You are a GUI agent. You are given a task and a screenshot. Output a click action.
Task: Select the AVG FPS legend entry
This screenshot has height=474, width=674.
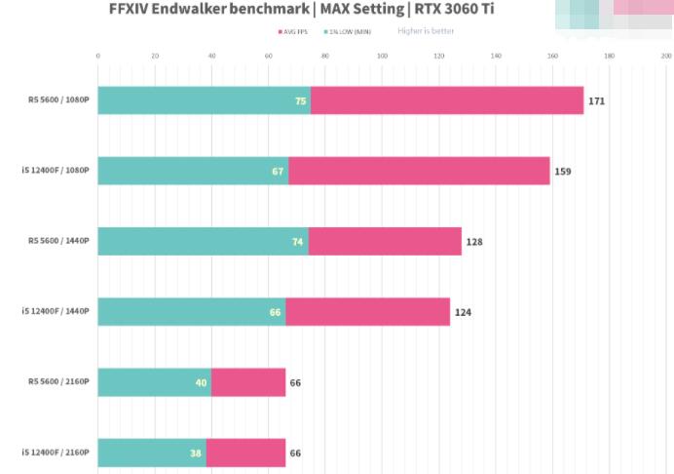[x=293, y=32]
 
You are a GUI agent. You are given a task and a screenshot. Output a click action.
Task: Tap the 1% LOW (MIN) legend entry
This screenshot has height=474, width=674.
[x=347, y=32]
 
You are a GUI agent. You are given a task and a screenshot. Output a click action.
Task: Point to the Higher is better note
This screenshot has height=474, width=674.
[x=426, y=31]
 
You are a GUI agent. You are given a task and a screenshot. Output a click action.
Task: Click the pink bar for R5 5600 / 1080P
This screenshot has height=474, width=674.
[x=446, y=100]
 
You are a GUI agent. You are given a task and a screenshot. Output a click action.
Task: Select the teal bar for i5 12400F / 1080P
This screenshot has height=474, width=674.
[x=193, y=171]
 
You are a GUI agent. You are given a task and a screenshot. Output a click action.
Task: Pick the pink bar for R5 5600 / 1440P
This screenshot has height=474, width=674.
[x=385, y=241]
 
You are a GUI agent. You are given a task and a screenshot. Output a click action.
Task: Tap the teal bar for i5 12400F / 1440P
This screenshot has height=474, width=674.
[x=191, y=312]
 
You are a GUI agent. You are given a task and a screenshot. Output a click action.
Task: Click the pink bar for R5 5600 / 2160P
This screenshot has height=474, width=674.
[x=248, y=382]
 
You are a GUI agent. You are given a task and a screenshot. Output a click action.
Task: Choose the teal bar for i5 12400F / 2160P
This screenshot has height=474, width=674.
[x=152, y=453]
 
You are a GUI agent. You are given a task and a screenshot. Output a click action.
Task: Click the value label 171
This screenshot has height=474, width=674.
[x=596, y=100]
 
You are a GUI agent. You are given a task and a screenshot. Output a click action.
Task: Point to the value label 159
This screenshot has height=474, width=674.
[x=562, y=172]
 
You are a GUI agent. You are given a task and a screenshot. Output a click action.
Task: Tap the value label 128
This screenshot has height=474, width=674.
[x=474, y=242]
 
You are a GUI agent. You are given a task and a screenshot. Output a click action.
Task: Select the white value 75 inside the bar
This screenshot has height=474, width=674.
[x=301, y=100]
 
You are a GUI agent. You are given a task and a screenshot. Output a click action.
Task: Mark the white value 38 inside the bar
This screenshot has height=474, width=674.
[x=196, y=453]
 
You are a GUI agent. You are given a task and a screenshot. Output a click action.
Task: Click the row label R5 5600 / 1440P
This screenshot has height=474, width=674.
[x=58, y=241]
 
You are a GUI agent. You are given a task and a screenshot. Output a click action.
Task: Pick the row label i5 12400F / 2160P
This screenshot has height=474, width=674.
[x=56, y=453]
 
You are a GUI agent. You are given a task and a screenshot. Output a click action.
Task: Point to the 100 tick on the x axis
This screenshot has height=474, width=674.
[x=382, y=57]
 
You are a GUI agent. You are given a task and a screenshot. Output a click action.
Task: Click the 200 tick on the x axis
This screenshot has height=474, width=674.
[x=666, y=57]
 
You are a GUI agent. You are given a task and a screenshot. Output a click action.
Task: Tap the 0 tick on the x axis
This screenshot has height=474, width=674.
[x=98, y=57]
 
